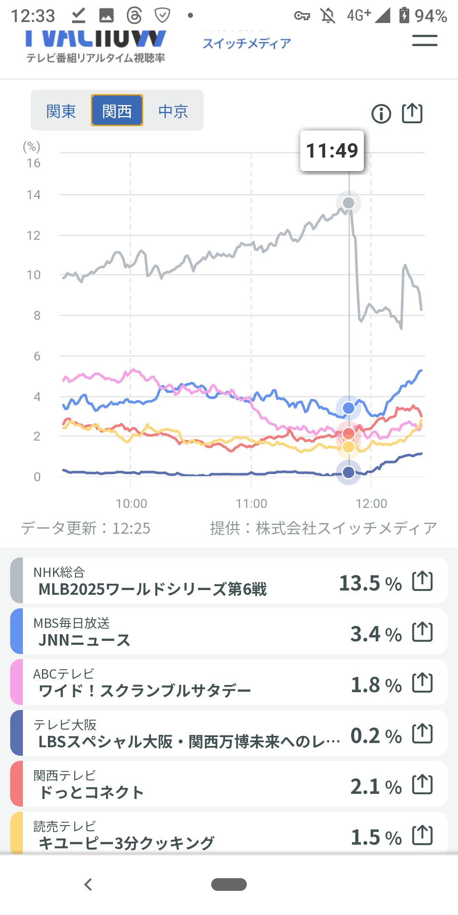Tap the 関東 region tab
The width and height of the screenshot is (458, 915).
(x=61, y=111)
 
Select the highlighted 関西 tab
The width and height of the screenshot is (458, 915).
(x=117, y=111)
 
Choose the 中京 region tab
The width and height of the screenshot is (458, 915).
(x=173, y=111)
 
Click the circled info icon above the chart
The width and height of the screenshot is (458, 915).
(x=381, y=114)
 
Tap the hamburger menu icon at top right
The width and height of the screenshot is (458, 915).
(x=424, y=41)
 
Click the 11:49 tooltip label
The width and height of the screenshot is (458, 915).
(x=332, y=151)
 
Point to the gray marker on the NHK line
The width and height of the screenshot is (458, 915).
(x=349, y=203)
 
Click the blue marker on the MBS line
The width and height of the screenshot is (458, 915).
(x=349, y=408)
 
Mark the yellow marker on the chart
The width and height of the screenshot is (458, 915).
(x=349, y=446)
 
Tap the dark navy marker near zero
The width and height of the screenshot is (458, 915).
(x=349, y=472)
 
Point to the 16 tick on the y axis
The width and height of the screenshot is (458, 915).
(x=34, y=163)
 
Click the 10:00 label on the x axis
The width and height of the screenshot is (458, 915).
(x=131, y=504)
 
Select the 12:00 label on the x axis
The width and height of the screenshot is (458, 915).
(x=371, y=504)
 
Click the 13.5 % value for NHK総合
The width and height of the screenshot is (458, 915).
(x=370, y=583)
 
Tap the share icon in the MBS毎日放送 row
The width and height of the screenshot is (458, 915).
(x=423, y=632)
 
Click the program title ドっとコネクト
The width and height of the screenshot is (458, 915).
(x=91, y=793)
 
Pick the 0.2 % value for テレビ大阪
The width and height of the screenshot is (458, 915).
(x=376, y=736)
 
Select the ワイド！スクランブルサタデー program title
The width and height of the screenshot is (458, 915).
(x=145, y=691)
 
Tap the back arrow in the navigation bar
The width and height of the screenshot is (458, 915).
(x=88, y=884)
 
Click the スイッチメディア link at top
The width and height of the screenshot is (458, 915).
(x=247, y=43)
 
